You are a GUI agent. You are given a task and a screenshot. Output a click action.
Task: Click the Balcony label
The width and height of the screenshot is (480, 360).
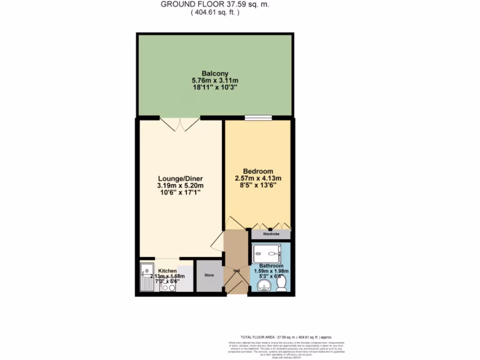pos(215,73)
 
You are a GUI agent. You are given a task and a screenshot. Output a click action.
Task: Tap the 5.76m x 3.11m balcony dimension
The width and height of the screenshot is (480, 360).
pos(215,81)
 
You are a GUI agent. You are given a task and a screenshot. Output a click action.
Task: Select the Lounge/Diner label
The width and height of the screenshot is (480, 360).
pos(180,179)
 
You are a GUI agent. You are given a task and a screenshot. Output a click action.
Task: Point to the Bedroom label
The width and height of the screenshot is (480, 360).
pos(258,171)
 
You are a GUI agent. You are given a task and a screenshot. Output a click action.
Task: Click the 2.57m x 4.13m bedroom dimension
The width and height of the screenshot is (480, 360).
pos(258,178)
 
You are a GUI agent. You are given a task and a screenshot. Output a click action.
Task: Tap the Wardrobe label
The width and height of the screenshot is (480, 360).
pos(271,233)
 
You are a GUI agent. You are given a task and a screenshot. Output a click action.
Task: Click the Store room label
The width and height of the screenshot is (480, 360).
pos(209,275)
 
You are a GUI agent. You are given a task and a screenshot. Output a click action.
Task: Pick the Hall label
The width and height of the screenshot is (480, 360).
pos(236,270)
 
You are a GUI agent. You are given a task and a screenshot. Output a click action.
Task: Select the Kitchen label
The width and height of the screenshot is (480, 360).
pos(167,271)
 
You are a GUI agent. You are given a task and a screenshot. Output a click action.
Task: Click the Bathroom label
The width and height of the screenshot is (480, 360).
pos(271,265)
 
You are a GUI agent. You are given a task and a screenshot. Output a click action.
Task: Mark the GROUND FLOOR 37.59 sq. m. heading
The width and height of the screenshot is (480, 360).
pos(215,5)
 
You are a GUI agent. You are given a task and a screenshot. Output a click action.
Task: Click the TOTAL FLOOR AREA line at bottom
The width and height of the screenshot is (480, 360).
pos(286,337)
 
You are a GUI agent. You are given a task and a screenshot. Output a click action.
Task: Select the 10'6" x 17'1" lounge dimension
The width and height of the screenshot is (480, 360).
pos(180,193)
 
